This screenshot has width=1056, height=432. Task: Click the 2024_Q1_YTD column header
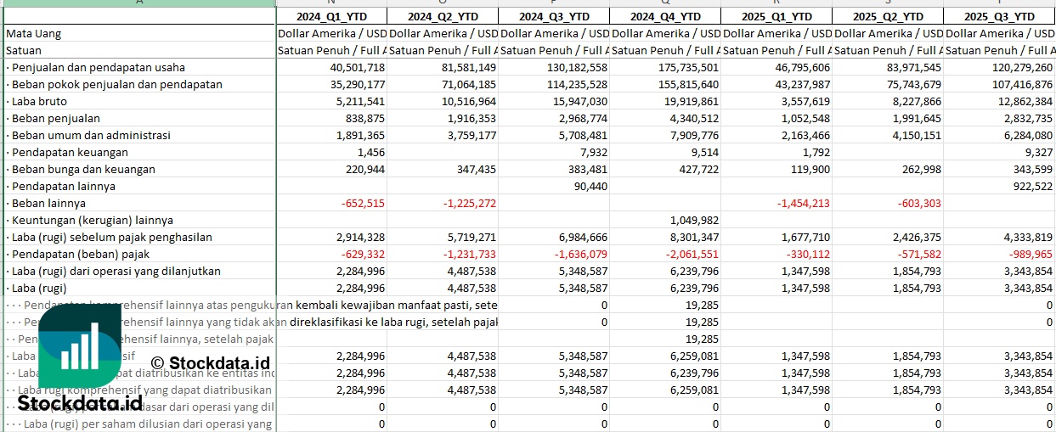(331, 16)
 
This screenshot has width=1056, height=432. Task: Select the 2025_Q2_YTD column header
(887, 16)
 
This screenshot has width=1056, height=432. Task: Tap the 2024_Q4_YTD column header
(665, 16)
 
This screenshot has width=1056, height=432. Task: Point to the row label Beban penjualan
(52, 118)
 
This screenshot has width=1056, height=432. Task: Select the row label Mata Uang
(33, 33)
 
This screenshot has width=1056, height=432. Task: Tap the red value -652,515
(362, 203)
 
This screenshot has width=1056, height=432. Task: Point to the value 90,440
(590, 186)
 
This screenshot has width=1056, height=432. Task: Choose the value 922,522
(1032, 186)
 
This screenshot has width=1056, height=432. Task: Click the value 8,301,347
(692, 237)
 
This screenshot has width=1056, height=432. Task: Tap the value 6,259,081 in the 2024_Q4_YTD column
(692, 356)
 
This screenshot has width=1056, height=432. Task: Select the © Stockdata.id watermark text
(210, 363)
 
